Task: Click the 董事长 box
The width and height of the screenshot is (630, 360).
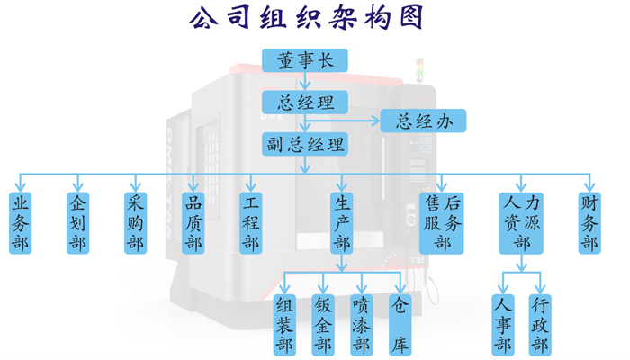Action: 305,61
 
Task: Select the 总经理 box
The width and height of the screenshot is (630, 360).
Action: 305,102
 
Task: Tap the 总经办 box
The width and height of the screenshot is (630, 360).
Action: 423,121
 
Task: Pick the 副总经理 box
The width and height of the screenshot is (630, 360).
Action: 305,144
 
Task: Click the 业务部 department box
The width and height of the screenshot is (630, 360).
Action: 20,223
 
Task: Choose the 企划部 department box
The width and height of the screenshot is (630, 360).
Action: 77,223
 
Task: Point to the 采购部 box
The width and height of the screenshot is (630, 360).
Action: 135,223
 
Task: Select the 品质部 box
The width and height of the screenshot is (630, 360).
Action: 193,223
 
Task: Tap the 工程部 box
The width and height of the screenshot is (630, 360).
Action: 250,223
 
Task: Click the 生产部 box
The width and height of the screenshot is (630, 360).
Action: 341,223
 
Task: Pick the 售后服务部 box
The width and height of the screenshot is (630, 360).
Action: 442,223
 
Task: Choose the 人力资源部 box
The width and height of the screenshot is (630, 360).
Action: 522,223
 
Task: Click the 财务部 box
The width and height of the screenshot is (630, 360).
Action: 589,223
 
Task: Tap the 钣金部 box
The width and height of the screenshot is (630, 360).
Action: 323,324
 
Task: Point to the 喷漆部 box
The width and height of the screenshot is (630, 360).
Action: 361,324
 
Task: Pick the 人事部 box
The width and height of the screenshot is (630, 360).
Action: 502,324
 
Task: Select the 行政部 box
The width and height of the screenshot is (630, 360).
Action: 540,324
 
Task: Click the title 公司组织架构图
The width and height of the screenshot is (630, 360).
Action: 305,18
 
